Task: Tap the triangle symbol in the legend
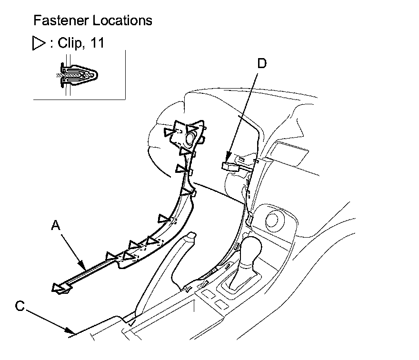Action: (x=38, y=44)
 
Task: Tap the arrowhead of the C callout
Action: (x=74, y=332)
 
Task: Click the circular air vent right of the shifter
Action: (x=274, y=220)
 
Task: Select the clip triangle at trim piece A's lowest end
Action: (x=60, y=288)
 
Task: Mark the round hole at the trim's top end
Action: (x=190, y=139)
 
